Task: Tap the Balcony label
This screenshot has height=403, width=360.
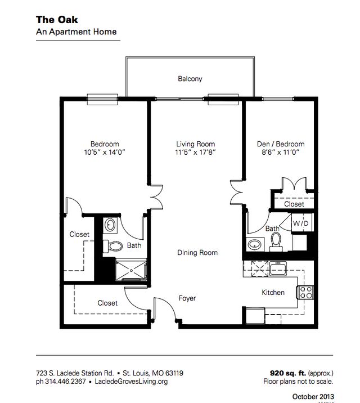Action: coord(190,79)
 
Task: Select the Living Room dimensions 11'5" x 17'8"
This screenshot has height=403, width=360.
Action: coord(196,152)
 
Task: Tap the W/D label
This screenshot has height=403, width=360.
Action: coord(298,223)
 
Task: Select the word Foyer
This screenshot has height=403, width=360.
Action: coord(187,298)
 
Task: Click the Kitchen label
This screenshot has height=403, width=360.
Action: coord(273,293)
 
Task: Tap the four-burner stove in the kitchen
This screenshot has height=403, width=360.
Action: coord(305,292)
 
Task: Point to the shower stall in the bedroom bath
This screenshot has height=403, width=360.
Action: coord(130,268)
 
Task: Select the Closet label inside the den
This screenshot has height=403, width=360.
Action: coord(294,204)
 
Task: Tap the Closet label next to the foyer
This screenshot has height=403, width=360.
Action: coord(107,303)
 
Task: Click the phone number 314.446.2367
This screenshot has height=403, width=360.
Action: coord(67,381)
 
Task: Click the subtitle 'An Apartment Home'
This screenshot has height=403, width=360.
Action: coord(76,32)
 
